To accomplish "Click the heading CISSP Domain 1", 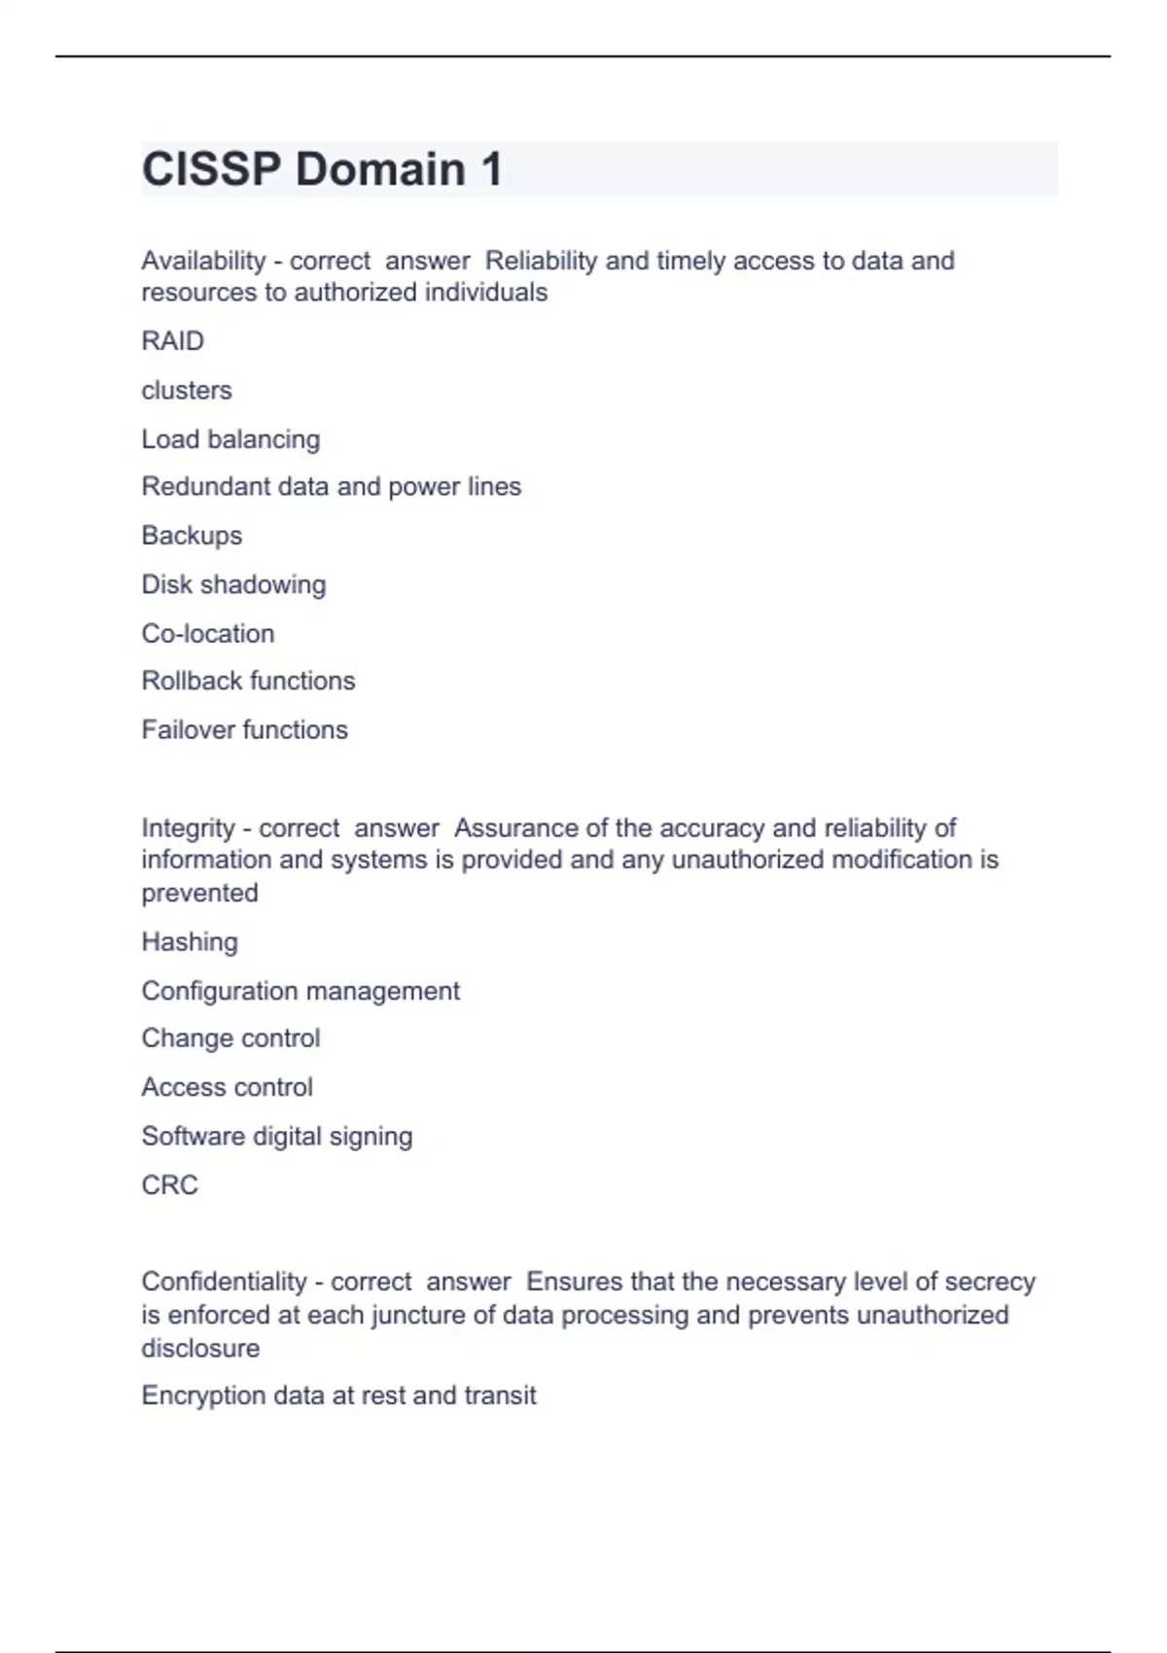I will click(x=322, y=169).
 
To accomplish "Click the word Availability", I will click(x=203, y=261).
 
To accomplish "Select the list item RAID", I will click(x=173, y=341).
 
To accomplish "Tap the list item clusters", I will click(x=187, y=390).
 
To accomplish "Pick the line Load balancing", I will click(x=230, y=440).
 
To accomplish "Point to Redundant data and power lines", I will click(x=332, y=486).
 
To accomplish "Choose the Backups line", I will click(x=192, y=536).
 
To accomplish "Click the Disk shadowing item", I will click(x=233, y=584).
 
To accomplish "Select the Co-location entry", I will click(x=208, y=634).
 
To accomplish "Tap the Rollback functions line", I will click(x=248, y=681).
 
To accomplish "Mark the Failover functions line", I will click(x=244, y=730).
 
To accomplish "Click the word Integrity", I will click(x=188, y=828).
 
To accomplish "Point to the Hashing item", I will click(x=190, y=942).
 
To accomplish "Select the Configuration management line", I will click(x=301, y=991).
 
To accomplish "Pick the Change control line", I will click(x=230, y=1038).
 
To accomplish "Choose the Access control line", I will click(x=227, y=1087).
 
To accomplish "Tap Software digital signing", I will click(x=277, y=1137).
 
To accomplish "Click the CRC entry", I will click(x=169, y=1185).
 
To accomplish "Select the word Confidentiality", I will click(x=224, y=1282).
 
